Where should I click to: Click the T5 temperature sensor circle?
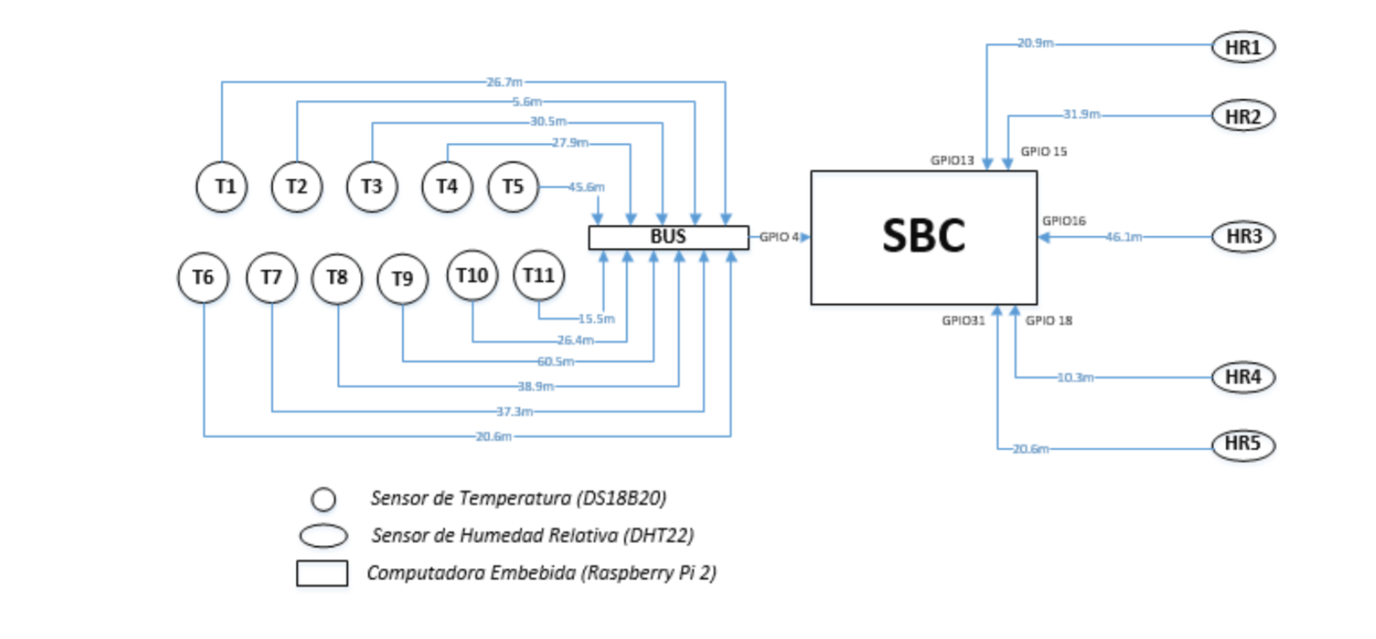point(513,187)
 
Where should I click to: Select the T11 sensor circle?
point(539,275)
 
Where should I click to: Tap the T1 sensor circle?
point(221,187)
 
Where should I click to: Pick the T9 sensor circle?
point(402,279)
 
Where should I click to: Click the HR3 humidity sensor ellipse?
point(1243,237)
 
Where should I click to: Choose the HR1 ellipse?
point(1243,47)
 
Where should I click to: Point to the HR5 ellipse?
point(1243,444)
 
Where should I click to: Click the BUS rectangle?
point(668,237)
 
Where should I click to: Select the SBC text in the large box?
point(923,236)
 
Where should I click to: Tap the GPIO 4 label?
point(779,237)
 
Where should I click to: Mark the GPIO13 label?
point(952,160)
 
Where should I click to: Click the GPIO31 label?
point(963,320)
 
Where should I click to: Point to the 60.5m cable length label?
point(555,362)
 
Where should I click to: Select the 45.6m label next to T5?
point(586,187)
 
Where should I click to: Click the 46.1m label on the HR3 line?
point(1123,237)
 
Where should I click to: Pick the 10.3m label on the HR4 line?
point(1075,377)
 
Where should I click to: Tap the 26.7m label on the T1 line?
point(504,82)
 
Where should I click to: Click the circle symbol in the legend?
point(324,499)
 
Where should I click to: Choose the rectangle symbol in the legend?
point(322,573)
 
